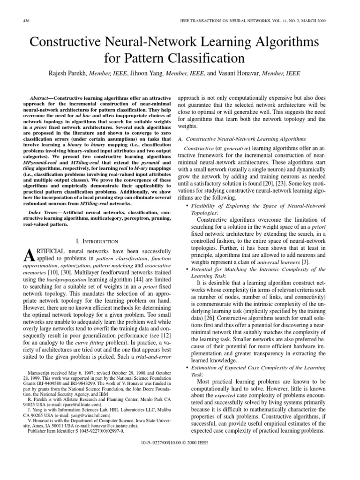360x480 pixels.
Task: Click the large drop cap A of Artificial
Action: (28, 256)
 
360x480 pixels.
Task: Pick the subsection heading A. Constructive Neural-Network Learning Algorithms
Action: (242, 139)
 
